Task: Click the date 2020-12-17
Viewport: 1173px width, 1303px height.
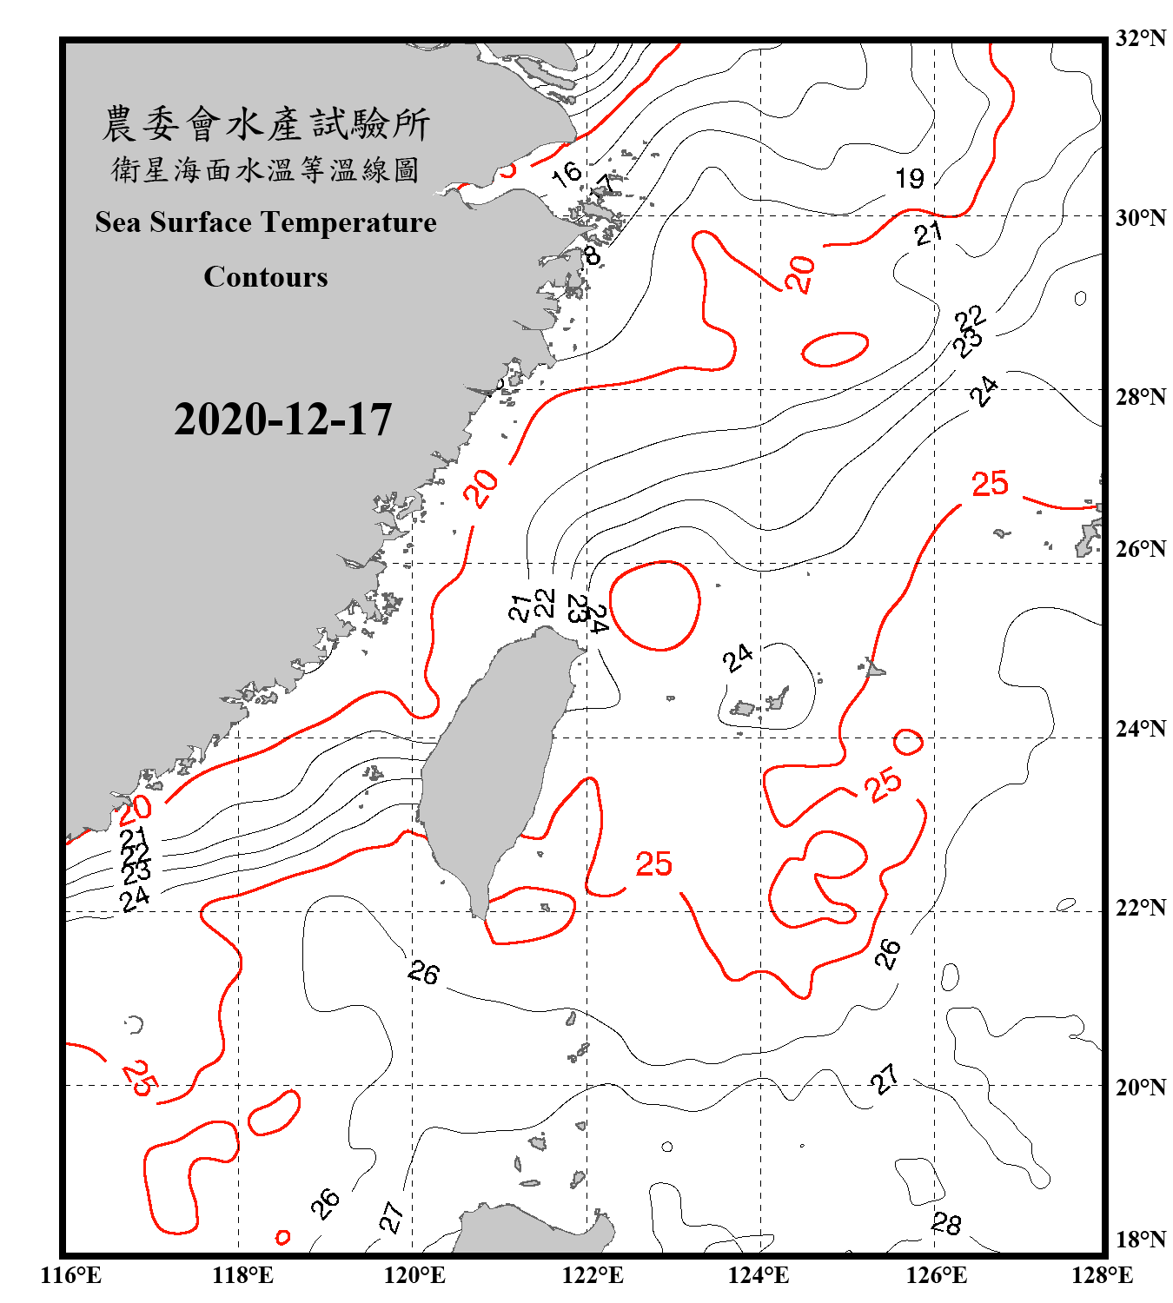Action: [282, 420]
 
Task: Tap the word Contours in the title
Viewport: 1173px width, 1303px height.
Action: [265, 276]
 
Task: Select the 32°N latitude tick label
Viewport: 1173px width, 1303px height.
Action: [1140, 38]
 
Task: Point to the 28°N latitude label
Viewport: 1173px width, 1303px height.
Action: [1140, 397]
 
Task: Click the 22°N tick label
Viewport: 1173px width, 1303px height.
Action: [1140, 908]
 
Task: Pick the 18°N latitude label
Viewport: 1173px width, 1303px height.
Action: [1140, 1240]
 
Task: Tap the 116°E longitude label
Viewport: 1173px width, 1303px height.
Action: [71, 1275]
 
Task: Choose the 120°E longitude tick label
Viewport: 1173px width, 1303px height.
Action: [414, 1275]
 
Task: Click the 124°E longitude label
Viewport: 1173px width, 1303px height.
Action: [759, 1275]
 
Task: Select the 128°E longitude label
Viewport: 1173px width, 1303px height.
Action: [1102, 1275]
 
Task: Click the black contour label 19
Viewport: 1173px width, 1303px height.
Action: [910, 178]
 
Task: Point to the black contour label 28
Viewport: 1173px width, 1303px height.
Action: [946, 1224]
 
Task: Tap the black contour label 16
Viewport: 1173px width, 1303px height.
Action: [566, 173]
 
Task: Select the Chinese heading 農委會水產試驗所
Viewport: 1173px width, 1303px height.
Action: [266, 123]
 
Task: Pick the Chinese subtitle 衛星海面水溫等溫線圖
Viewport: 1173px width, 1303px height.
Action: [265, 169]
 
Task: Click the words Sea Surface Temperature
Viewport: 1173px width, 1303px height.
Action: [265, 222]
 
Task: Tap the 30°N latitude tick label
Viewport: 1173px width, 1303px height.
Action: [1140, 217]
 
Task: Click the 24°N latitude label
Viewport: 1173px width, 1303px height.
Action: [1140, 729]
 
